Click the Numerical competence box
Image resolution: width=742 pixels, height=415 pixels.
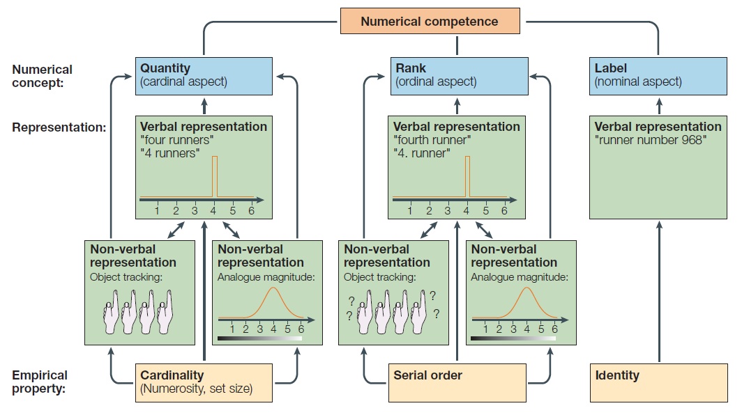[x=430, y=21]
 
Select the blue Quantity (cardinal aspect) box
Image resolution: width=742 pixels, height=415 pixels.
[x=204, y=75]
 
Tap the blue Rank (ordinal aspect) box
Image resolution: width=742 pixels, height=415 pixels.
[x=459, y=75]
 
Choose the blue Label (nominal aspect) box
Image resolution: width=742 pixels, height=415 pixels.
[x=658, y=75]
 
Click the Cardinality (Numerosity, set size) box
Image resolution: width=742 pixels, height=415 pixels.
[x=204, y=382]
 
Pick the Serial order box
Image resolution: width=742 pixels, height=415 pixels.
[x=457, y=382]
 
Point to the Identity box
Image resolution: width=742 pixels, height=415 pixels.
[x=658, y=382]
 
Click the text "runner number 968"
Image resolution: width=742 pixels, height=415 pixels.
[x=651, y=140]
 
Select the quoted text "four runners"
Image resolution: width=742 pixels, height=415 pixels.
[x=177, y=140]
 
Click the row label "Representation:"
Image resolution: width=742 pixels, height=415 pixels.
[x=59, y=127]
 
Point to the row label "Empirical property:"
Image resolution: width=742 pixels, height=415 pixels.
[x=40, y=382]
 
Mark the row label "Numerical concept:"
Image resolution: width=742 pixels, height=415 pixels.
[x=43, y=75]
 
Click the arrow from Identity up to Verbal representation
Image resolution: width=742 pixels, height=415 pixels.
[x=658, y=292]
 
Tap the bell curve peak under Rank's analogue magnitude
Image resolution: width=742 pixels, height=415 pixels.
[x=526, y=289]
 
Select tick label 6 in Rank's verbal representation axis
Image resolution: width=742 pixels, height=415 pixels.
[x=504, y=210]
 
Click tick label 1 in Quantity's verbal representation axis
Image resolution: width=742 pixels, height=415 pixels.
[x=158, y=210]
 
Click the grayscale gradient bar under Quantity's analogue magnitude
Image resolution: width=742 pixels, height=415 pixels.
[x=260, y=338]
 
